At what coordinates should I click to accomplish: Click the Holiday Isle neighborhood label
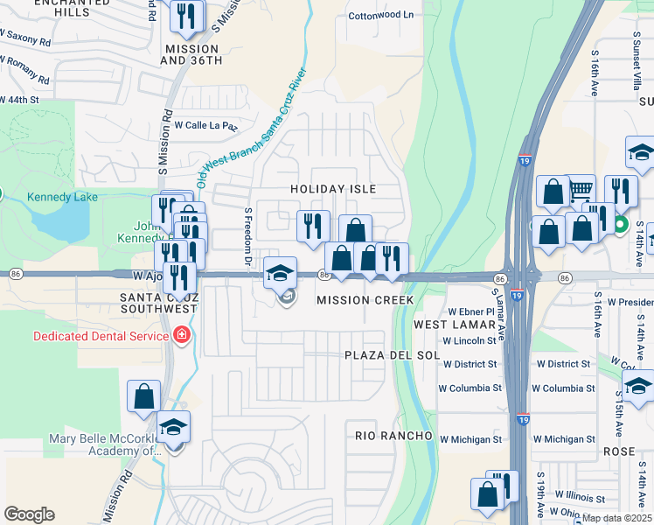pyautogui.click(x=333, y=189)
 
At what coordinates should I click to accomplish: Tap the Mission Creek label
pyautogui.click(x=365, y=300)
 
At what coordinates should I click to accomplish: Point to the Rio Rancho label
pyautogui.click(x=393, y=436)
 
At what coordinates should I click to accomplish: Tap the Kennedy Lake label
pyautogui.click(x=62, y=197)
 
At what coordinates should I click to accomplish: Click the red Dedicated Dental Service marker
pyautogui.click(x=182, y=336)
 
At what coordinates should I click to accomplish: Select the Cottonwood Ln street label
pyautogui.click(x=380, y=16)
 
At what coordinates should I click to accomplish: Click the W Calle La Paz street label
pyautogui.click(x=206, y=126)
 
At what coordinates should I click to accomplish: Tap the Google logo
pyautogui.click(x=29, y=514)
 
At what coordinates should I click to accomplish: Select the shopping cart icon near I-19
pyautogui.click(x=581, y=188)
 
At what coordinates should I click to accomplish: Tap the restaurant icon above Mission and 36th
pyautogui.click(x=186, y=16)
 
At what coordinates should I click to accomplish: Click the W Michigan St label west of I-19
pyautogui.click(x=470, y=439)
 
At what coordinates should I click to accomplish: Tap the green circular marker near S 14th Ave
pyautogui.click(x=620, y=224)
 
